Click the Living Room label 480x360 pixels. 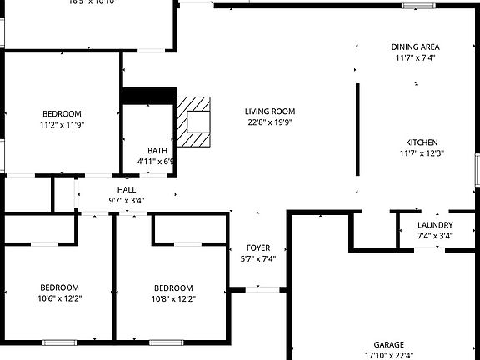pyautogui.click(x=270, y=112)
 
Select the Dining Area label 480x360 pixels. pyautogui.click(x=416, y=47)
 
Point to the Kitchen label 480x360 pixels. pyautogui.click(x=422, y=142)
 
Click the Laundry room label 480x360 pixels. pyautogui.click(x=435, y=225)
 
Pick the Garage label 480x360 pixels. pyautogui.click(x=388, y=344)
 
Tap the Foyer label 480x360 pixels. pyautogui.click(x=257, y=248)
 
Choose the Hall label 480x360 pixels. pyautogui.click(x=127, y=190)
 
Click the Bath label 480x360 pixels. pyautogui.click(x=157, y=151)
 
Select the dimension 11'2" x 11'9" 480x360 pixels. pyautogui.click(x=62, y=125)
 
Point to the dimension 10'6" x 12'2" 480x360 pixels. pyautogui.click(x=60, y=298)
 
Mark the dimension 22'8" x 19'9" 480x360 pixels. pyautogui.click(x=270, y=122)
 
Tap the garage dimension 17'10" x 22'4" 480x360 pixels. pyautogui.click(x=388, y=355)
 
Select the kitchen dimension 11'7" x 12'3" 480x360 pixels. pyautogui.click(x=422, y=153)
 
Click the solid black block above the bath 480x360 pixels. pyautogui.click(x=149, y=96)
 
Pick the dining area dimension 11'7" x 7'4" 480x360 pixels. pyautogui.click(x=416, y=58)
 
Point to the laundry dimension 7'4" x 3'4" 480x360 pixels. pyautogui.click(x=435, y=236)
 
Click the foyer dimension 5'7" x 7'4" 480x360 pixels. pyautogui.click(x=257, y=259)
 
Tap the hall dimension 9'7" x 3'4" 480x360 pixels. pyautogui.click(x=127, y=201)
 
